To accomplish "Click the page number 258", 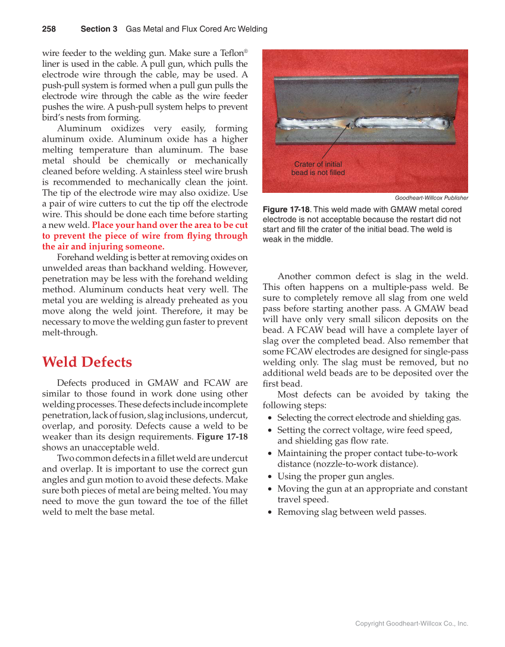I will (x=49, y=29).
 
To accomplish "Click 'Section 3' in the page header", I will (x=99, y=29).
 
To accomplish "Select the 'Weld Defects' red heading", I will (x=87, y=362).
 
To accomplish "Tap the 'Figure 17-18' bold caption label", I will (x=286, y=210).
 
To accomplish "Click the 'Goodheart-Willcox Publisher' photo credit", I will (x=431, y=198).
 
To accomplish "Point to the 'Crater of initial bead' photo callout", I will (x=318, y=168).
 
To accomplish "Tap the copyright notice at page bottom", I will (x=412, y=623).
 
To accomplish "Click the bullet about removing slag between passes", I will (x=352, y=512).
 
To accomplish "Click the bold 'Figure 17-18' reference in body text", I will (x=222, y=437).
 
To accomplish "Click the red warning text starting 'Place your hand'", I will (x=145, y=236).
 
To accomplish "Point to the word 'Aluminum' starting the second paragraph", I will (x=76, y=129).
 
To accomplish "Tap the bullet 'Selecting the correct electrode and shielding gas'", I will (x=369, y=418).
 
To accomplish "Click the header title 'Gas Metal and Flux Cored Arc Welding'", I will (x=196, y=29).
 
